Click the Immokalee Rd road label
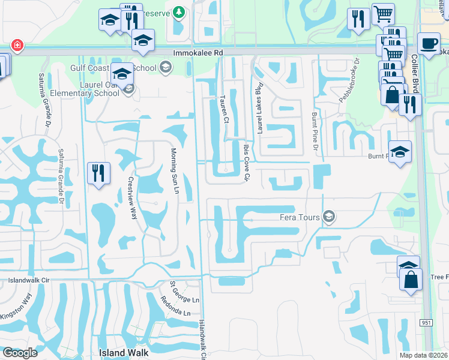click(198, 53)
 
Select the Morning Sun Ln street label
click(175, 170)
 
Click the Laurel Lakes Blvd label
click(260, 108)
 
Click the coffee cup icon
click(429, 44)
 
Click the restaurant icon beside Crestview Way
click(98, 173)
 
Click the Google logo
click(20, 353)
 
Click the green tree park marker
click(178, 12)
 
